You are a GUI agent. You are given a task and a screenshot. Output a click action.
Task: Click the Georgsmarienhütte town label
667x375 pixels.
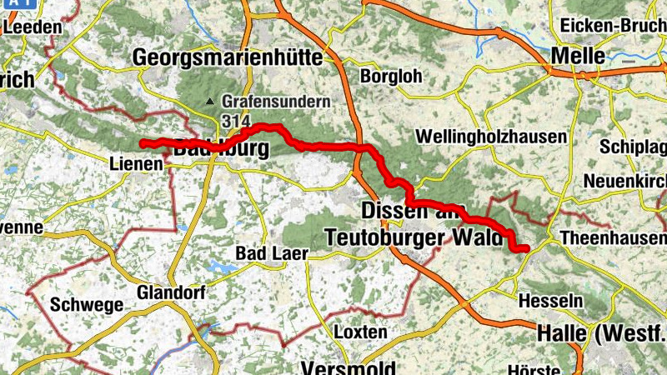click(228, 57)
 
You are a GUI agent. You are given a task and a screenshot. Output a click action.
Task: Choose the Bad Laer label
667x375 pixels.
click(273, 252)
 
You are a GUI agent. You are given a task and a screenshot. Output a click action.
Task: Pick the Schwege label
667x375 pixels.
click(86, 304)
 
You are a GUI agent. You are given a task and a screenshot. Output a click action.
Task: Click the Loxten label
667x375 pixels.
click(360, 331)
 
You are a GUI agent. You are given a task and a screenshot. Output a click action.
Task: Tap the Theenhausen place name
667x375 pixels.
click(614, 237)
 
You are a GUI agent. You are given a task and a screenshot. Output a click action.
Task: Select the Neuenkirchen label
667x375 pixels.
click(624, 181)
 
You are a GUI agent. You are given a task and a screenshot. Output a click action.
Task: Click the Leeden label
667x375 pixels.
click(33, 27)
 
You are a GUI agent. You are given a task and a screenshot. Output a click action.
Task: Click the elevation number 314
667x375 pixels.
click(236, 120)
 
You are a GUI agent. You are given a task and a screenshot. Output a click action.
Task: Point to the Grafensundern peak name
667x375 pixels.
click(277, 102)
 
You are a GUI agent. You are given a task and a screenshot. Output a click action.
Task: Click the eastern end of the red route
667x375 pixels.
click(526, 247)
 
